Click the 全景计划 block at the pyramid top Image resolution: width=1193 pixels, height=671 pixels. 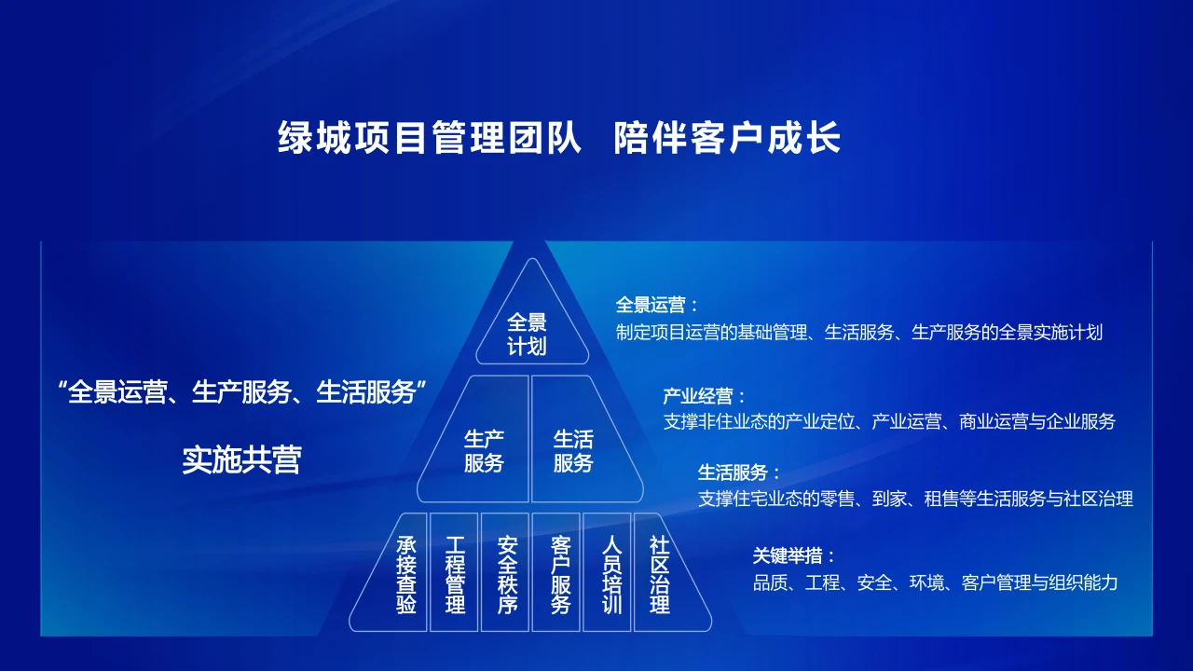pyautogui.click(x=528, y=335)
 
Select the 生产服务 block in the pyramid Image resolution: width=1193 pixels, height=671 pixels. pyautogui.click(x=484, y=450)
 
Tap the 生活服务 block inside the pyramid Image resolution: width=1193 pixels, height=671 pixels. pyautogui.click(x=573, y=450)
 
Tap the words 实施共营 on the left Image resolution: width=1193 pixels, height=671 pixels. pyautogui.click(x=241, y=459)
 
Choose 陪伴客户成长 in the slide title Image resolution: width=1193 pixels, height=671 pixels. pyautogui.click(x=727, y=138)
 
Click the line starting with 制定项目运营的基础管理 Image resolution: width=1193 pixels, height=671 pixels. pyautogui.click(x=858, y=332)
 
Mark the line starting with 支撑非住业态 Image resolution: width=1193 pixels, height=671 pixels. pyautogui.click(x=888, y=421)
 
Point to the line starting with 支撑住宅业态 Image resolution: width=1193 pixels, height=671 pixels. pyautogui.click(x=915, y=499)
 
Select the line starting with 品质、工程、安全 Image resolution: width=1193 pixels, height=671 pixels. pyautogui.click(x=935, y=583)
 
